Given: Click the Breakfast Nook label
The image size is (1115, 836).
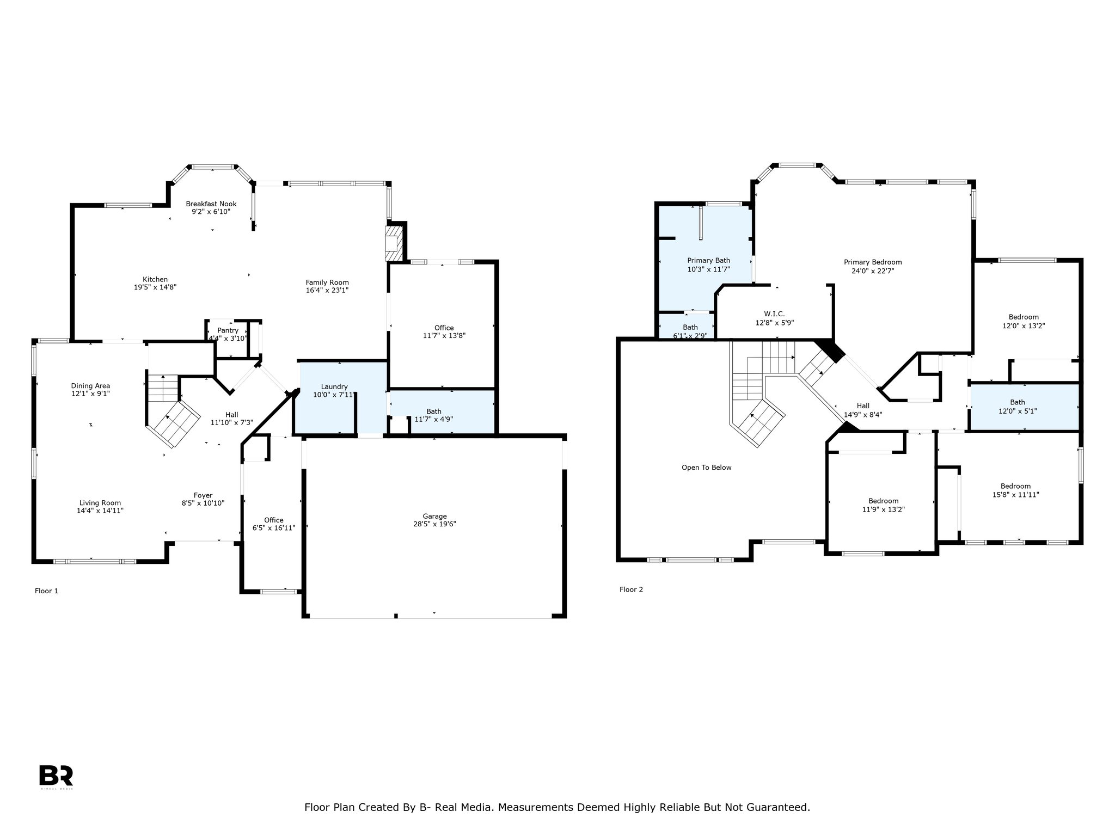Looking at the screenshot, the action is click(211, 204).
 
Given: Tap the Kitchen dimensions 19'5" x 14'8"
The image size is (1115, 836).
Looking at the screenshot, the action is click(155, 287).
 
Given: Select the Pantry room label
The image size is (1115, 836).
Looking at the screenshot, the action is click(228, 330).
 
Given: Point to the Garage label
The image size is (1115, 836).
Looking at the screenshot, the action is click(434, 516).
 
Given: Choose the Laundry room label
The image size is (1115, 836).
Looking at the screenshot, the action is click(334, 386).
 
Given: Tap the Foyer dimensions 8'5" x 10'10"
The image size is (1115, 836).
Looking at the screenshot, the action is click(203, 503).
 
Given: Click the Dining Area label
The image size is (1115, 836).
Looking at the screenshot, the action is click(90, 386).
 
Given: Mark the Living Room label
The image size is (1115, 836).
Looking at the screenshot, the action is click(100, 503).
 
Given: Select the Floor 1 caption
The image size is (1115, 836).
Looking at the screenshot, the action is click(46, 591).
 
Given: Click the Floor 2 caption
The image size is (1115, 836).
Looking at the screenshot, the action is click(631, 589).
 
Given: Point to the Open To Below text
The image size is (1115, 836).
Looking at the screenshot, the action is click(707, 468).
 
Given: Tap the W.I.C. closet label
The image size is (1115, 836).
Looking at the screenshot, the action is click(774, 314).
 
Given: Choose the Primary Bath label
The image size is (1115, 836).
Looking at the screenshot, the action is click(708, 261).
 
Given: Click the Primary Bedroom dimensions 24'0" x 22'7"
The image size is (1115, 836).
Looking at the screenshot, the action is click(873, 271).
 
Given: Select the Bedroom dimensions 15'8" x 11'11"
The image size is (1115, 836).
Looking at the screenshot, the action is click(1015, 495).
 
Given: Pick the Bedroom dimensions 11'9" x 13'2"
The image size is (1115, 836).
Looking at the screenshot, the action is click(883, 509).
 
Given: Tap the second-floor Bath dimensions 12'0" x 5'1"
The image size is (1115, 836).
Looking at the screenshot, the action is click(1017, 411).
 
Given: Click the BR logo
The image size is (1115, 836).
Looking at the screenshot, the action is click(56, 776).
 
